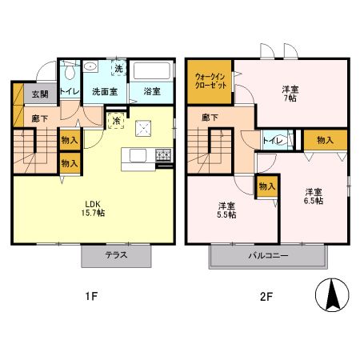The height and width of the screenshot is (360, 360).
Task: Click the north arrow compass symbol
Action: point(332,295)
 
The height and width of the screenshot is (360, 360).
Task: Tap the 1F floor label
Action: point(92,296)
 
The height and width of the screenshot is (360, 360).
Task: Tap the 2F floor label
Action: point(266,297)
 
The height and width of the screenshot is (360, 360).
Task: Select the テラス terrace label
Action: point(116,255)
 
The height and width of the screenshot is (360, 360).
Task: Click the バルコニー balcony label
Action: point(268,256)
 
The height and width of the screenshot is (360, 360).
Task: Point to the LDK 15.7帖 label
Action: point(93,209)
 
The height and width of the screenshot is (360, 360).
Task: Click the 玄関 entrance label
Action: point(40,94)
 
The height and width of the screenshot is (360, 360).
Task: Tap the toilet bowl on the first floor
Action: point(70,70)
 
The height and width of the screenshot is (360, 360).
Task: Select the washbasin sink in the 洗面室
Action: point(90,66)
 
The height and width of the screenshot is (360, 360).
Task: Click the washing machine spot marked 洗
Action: point(118,68)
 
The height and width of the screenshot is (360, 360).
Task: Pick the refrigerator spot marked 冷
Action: point(116,121)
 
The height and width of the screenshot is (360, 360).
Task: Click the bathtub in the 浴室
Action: point(152,70)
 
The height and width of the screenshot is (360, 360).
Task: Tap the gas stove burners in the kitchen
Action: point(163,155)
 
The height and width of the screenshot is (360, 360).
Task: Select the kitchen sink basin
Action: point(138,155)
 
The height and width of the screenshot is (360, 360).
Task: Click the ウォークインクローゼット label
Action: point(210,81)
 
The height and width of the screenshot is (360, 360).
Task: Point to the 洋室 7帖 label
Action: point(290,94)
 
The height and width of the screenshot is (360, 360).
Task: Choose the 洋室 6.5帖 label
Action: point(314,196)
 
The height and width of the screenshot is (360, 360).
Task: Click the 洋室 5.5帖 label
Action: point(226,210)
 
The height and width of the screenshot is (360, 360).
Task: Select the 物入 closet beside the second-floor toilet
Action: point(326,140)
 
